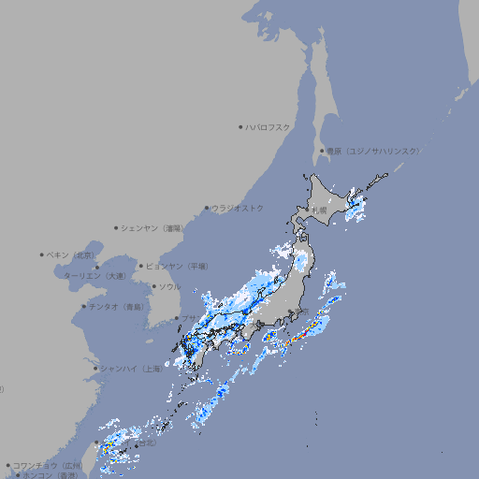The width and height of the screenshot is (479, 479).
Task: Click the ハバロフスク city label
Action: tap(269, 126)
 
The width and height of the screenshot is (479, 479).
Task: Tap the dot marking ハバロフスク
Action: tap(240, 126)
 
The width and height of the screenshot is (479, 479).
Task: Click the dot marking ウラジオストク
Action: tap(207, 208)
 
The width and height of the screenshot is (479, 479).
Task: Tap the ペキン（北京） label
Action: tap(73, 254)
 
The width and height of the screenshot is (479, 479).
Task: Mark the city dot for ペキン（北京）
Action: tap(42, 254)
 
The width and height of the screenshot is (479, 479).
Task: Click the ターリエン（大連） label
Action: tap(94, 276)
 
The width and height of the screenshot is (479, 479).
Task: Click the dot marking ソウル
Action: tap(152, 286)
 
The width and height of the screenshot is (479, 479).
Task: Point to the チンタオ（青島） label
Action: tap(116, 306)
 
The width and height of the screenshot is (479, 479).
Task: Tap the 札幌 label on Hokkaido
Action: tap(320, 210)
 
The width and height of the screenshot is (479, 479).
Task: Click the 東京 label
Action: tap(301, 312)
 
